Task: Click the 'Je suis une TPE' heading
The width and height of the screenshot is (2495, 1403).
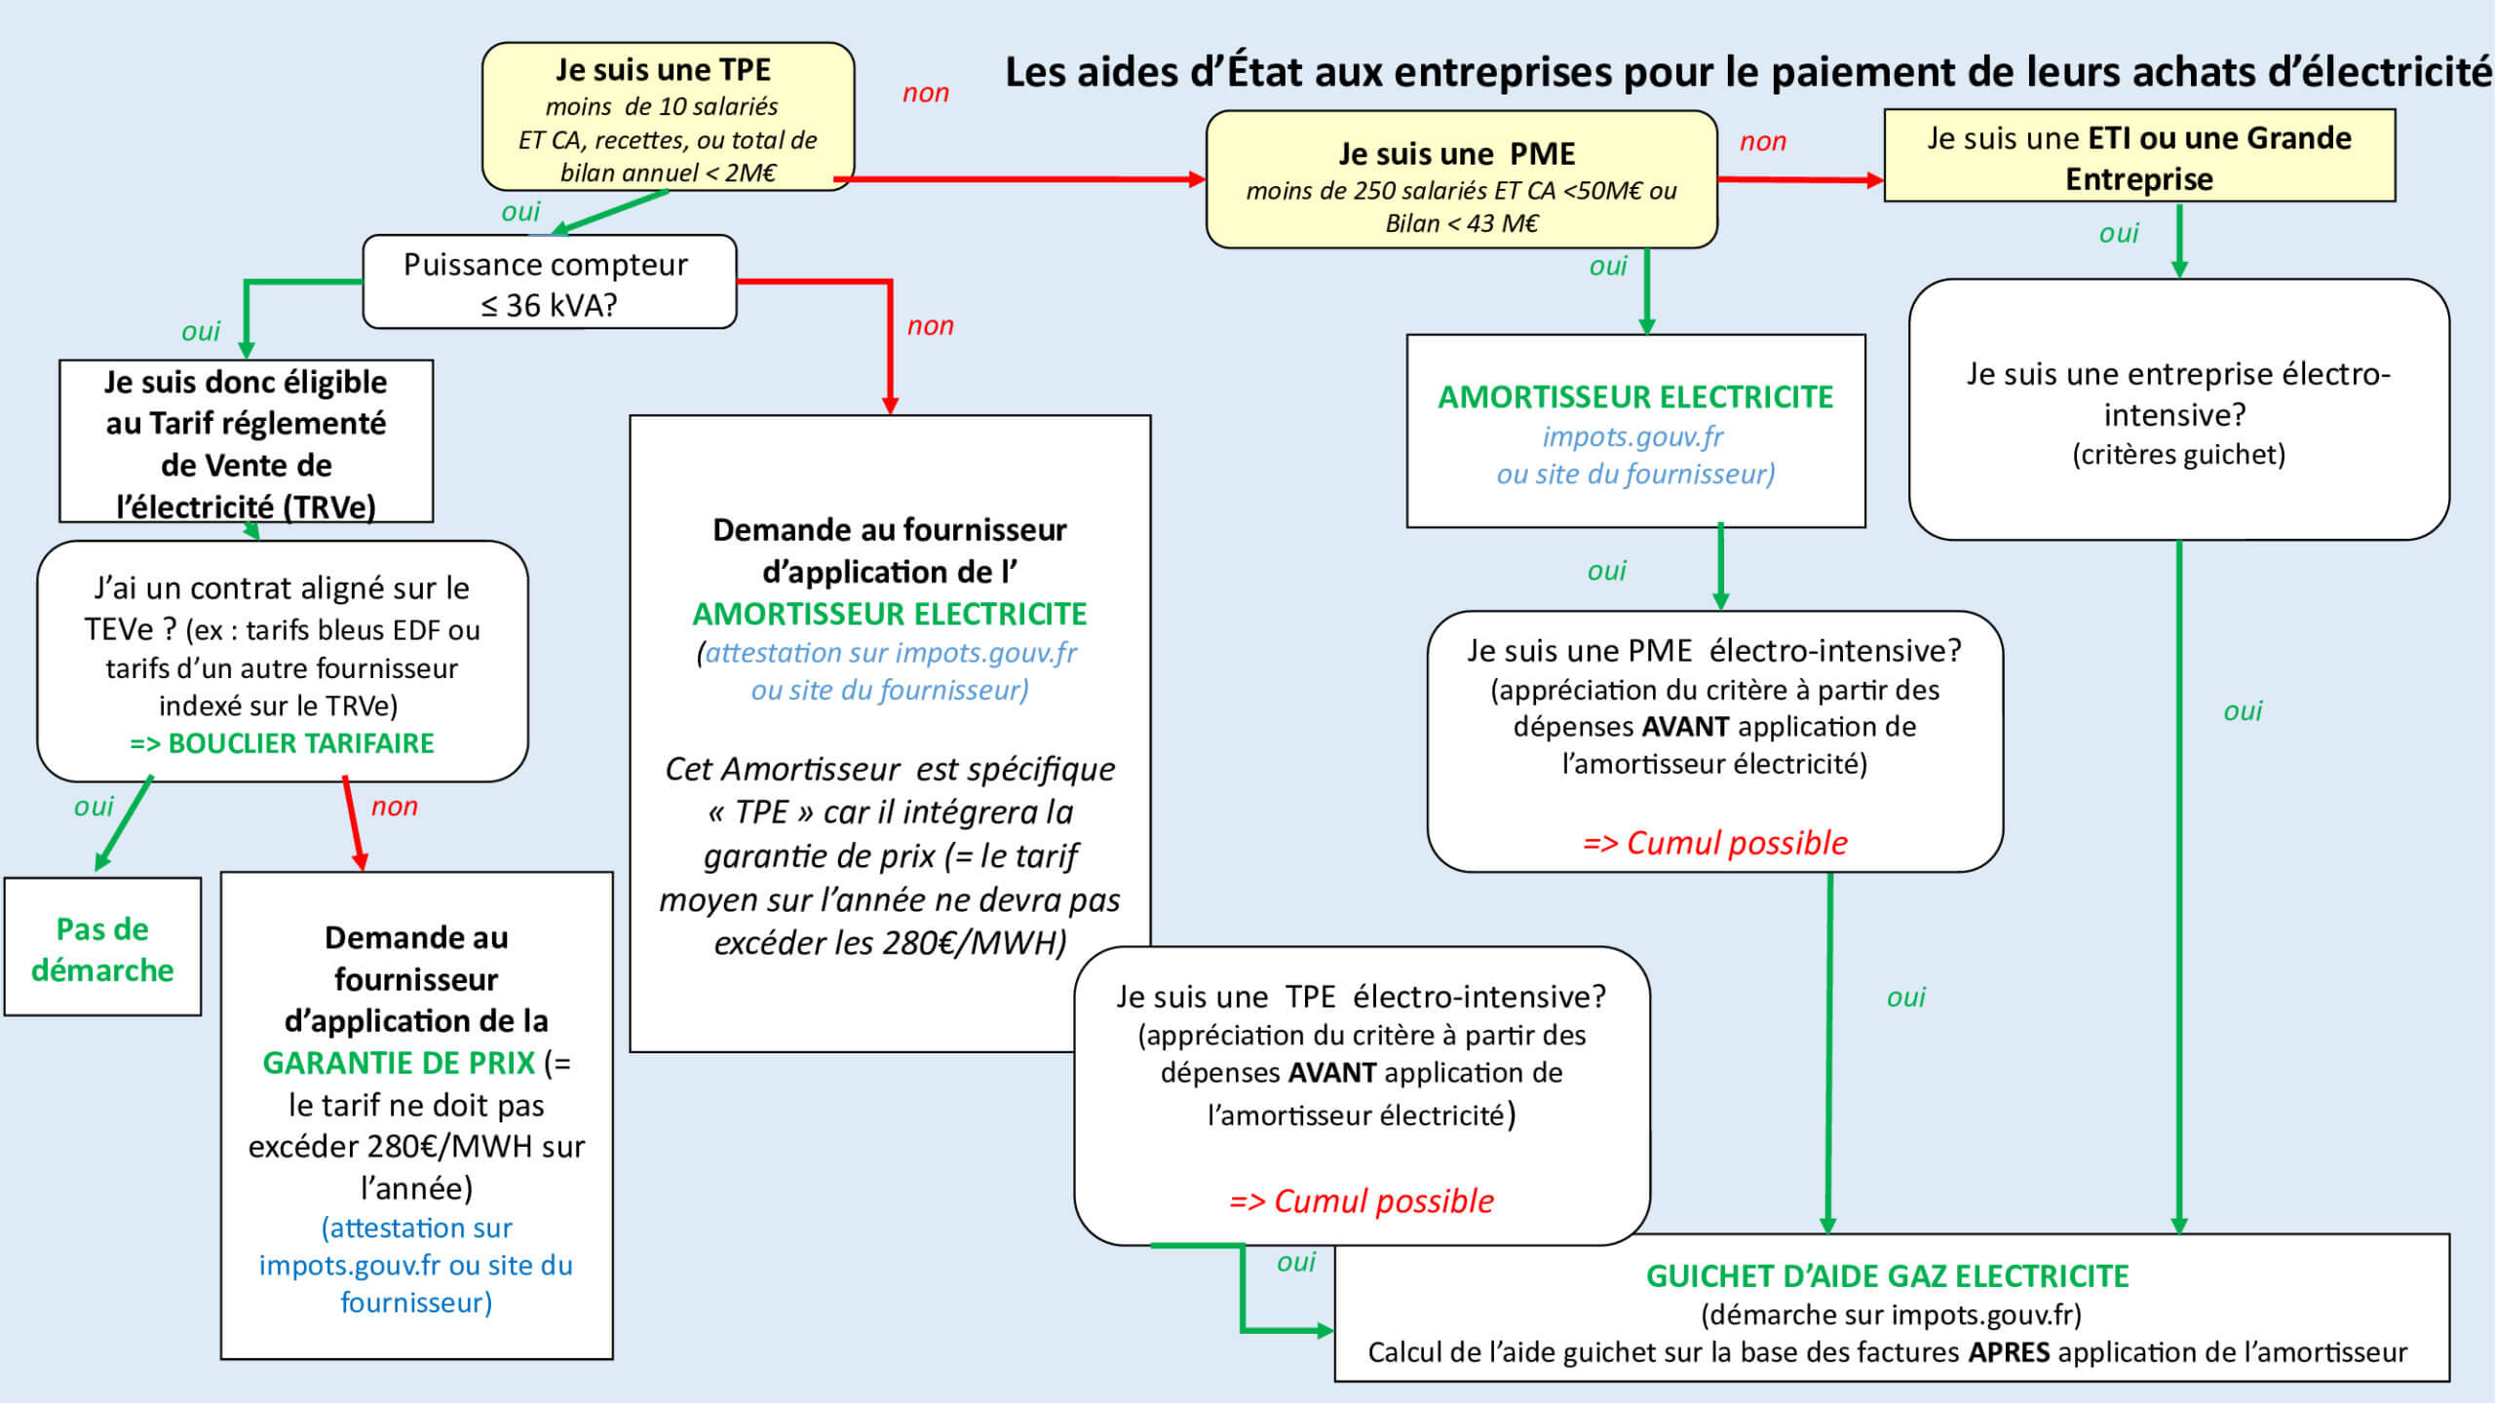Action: point(663,70)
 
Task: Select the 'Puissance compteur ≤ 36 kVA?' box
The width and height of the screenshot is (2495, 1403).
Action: point(549,283)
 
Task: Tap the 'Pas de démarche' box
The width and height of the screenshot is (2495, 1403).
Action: point(102,948)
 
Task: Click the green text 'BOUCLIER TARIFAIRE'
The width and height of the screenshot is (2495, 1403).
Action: point(300,743)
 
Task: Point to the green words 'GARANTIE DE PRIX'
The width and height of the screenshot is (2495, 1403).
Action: point(399,1062)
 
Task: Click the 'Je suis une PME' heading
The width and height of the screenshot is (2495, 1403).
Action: point(1456,154)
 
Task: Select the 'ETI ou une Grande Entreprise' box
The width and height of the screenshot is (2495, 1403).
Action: point(2139,157)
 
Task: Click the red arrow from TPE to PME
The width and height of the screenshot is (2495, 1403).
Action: point(1023,179)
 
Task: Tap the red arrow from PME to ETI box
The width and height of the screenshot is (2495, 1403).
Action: point(1799,179)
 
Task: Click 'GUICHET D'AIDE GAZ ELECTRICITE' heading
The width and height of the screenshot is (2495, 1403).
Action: point(1887,1275)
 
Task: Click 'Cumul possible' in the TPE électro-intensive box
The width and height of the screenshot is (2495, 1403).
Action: point(1383,1201)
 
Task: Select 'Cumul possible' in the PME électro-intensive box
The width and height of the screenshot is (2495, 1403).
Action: point(1737,843)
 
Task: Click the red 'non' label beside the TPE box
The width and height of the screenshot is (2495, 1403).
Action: point(925,94)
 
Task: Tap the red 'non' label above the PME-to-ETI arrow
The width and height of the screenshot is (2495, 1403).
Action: point(1762,142)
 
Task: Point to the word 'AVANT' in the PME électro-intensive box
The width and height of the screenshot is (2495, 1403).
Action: point(1685,727)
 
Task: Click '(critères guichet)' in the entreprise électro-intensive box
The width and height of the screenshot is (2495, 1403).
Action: point(2178,455)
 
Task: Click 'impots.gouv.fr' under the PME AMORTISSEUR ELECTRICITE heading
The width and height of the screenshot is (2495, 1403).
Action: point(1632,436)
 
